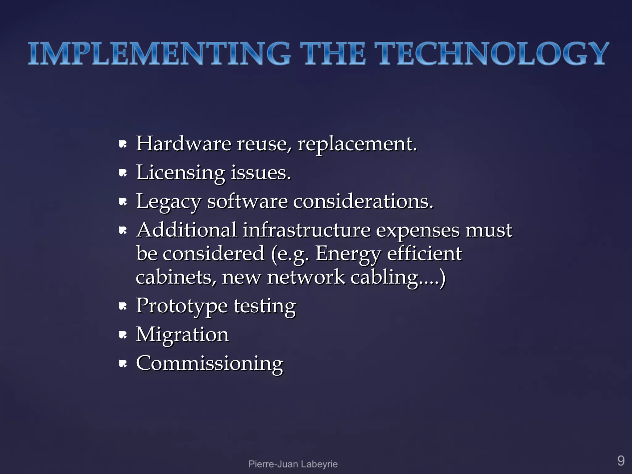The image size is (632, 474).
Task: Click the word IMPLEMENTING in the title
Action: coord(159,54)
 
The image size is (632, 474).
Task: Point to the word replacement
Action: coord(357,144)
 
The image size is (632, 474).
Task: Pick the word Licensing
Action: coord(181,173)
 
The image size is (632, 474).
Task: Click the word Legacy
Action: coord(168,202)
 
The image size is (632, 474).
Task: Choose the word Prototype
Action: coord(182,306)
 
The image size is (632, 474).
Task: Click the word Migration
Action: coord(182,335)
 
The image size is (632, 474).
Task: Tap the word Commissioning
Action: coord(209,364)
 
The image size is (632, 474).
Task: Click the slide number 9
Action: coord(621,461)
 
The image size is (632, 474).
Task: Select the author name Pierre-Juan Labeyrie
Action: coord(293,464)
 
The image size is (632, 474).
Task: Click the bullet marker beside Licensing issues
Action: coord(123,173)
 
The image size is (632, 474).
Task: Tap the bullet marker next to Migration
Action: coord(123,335)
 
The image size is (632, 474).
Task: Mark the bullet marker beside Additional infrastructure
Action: coord(123,230)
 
